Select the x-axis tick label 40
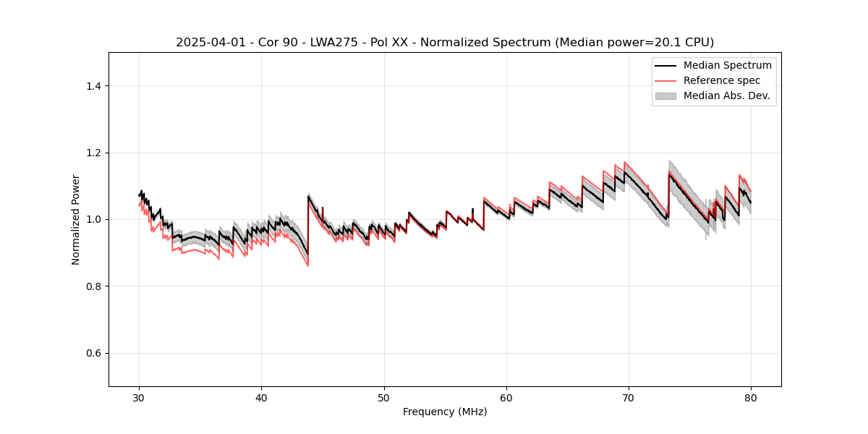point(262,398)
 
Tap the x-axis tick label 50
point(384,398)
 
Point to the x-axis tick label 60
point(506,398)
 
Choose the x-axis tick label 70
point(629,398)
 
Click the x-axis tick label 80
point(751,398)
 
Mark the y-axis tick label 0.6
point(93,353)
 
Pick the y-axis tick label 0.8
point(93,286)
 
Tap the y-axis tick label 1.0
point(93,220)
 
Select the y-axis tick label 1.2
point(93,153)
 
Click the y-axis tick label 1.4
point(93,86)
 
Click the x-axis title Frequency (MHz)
point(445,412)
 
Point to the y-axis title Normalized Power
point(76,219)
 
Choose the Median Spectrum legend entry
point(727,65)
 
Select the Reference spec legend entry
point(722,80)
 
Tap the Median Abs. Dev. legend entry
point(726,95)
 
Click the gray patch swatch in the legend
point(665,95)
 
